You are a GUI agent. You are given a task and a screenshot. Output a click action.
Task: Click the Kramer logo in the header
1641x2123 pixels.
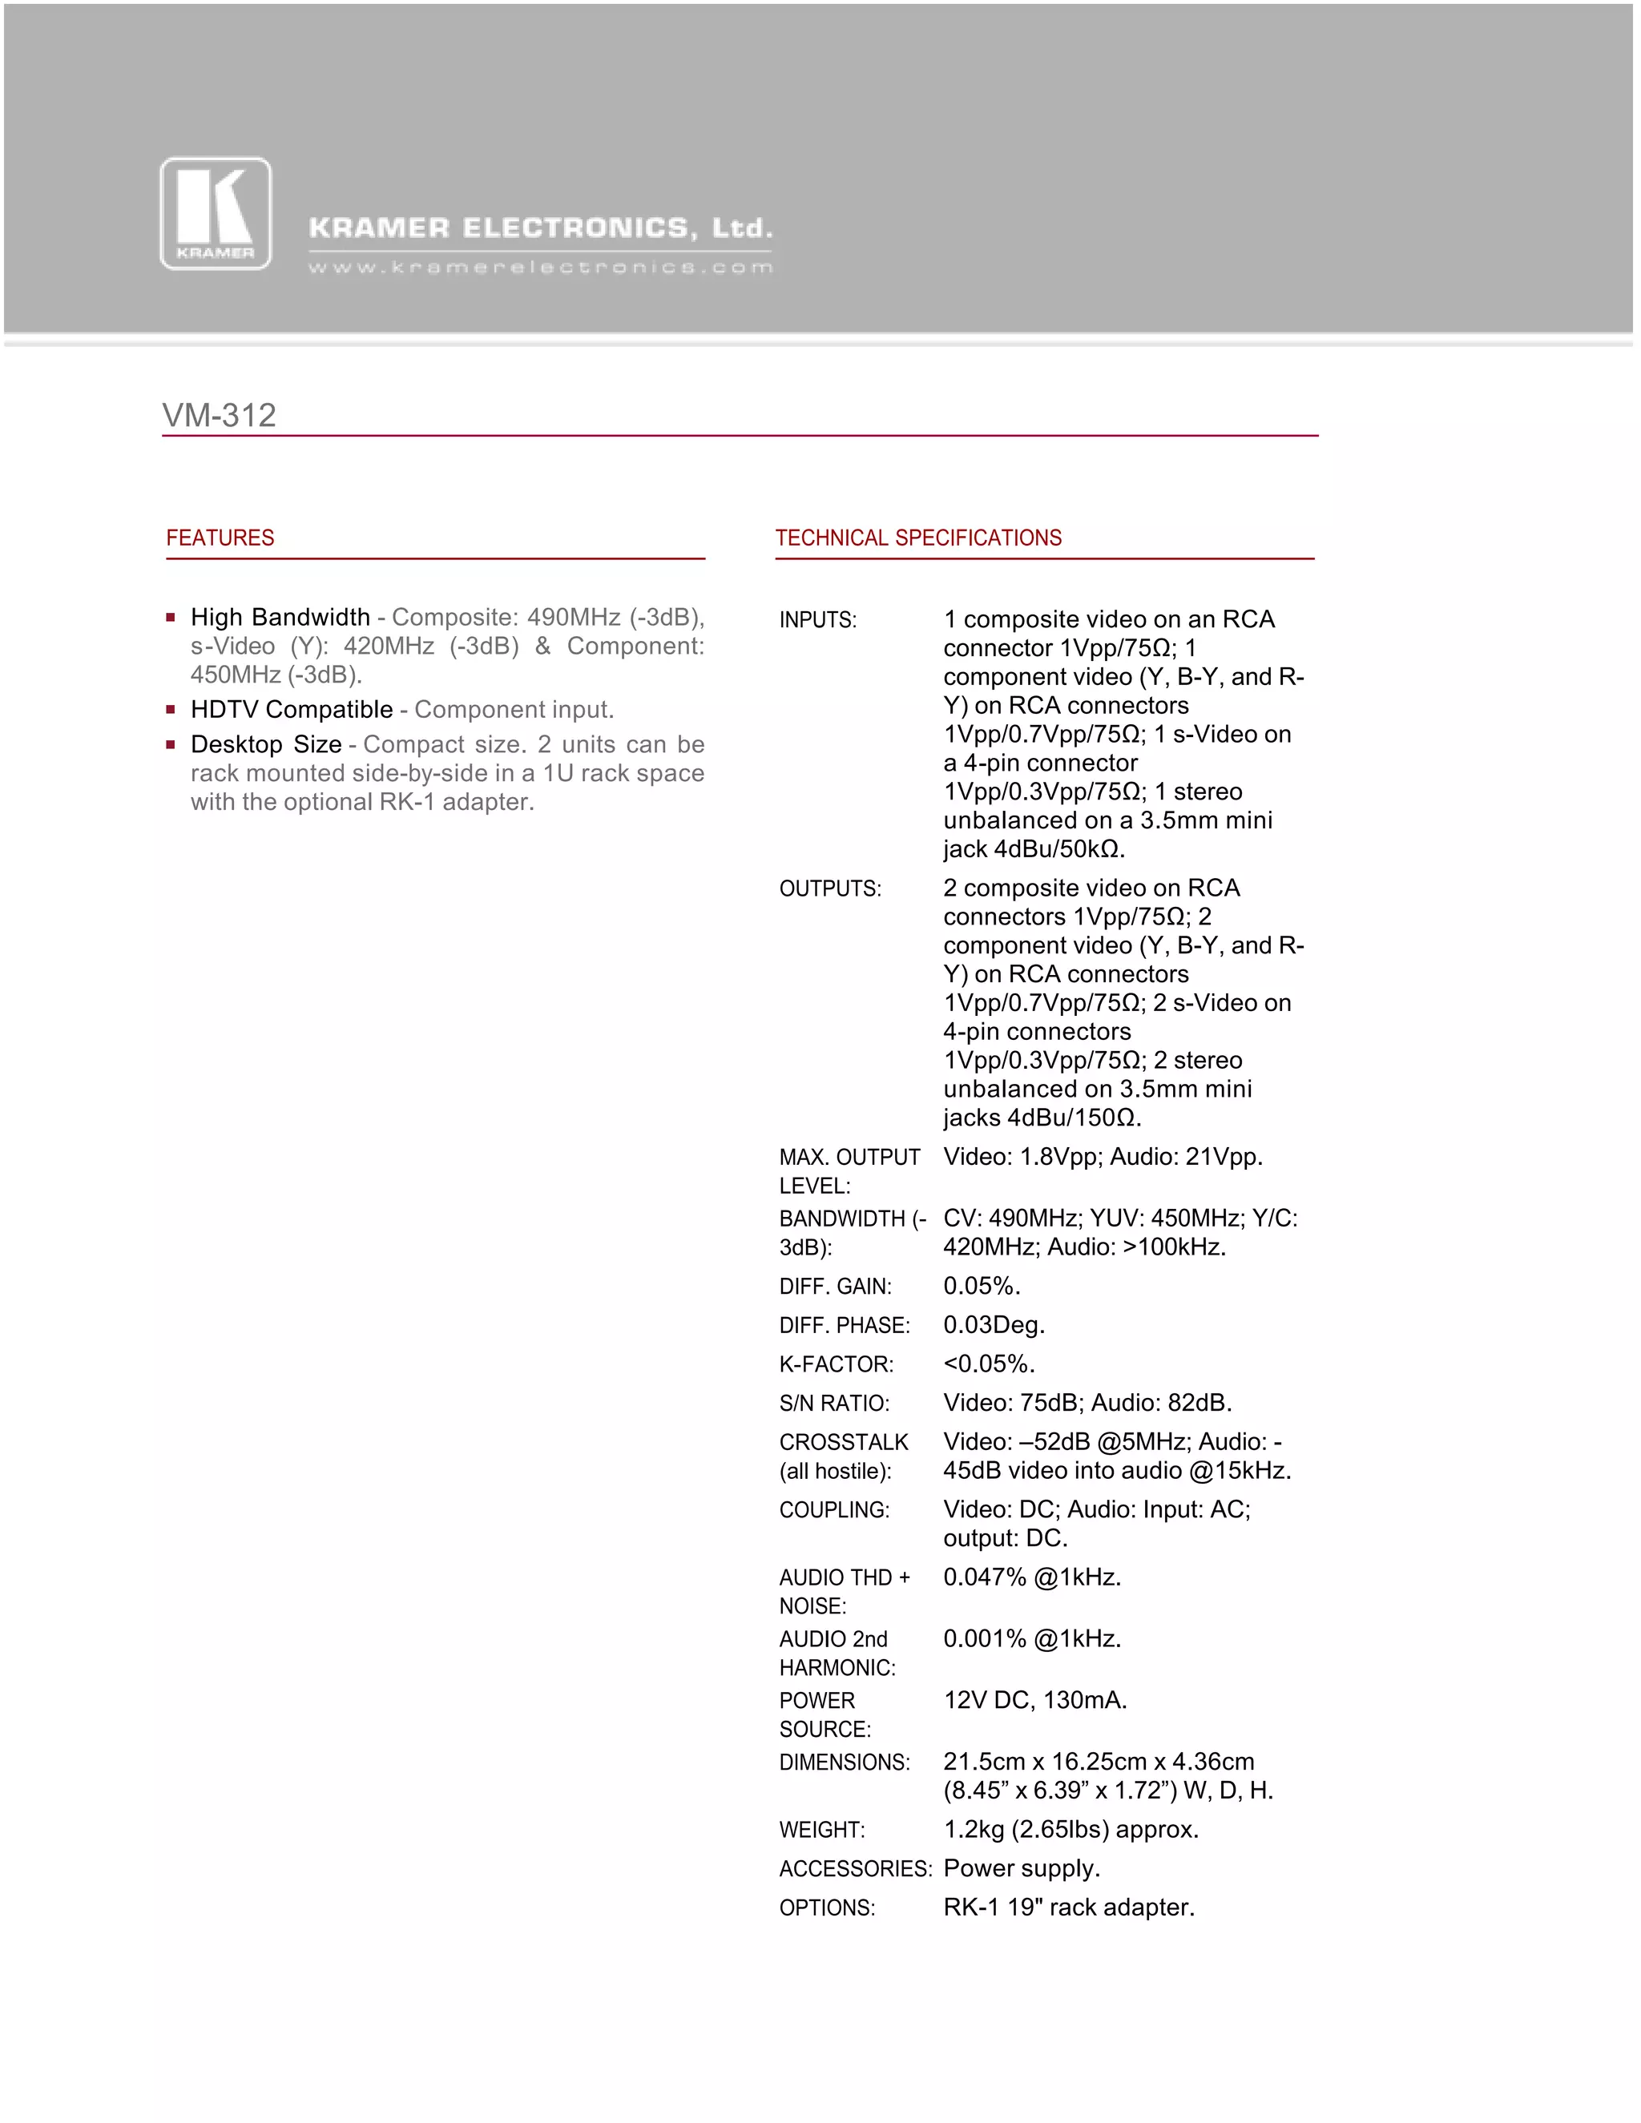click(x=216, y=214)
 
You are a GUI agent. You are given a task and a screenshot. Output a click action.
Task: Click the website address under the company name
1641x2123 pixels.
click(x=541, y=268)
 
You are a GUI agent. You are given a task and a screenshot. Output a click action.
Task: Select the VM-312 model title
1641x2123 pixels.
click(x=220, y=415)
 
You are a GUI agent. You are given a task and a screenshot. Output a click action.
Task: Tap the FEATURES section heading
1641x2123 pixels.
click(x=220, y=538)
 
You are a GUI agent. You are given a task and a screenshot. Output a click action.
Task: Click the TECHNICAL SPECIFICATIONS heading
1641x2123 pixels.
click(x=917, y=538)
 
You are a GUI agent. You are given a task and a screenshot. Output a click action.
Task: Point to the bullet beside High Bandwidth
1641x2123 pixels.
click(x=171, y=617)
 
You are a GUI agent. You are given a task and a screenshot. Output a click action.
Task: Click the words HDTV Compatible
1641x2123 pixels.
click(x=292, y=710)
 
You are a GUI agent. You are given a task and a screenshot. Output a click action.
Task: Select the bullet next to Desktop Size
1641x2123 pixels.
click(x=171, y=744)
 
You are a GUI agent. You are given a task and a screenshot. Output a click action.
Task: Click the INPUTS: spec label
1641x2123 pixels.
click(x=817, y=620)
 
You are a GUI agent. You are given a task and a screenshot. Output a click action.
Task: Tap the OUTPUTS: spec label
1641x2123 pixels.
click(x=830, y=888)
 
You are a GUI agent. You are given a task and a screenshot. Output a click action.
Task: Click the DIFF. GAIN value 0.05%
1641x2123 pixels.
click(x=982, y=1286)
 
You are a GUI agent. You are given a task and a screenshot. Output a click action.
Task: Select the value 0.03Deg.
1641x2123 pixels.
click(x=994, y=1325)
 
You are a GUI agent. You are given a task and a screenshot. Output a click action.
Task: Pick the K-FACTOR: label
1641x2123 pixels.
click(x=836, y=1364)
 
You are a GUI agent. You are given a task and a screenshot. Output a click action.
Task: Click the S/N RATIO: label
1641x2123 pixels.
click(x=834, y=1403)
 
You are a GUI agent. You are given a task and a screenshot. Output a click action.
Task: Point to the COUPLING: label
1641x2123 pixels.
click(x=834, y=1509)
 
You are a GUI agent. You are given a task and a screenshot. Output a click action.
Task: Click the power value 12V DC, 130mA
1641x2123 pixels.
click(x=1034, y=1700)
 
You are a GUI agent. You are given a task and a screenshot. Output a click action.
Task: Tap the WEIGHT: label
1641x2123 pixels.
click(x=821, y=1830)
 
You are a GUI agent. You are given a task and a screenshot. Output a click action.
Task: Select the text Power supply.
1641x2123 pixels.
click(x=1022, y=1868)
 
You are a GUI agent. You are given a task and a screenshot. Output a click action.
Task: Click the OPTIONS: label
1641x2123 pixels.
click(x=827, y=1907)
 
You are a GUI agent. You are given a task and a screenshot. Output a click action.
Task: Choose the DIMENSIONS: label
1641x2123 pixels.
click(x=845, y=1762)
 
